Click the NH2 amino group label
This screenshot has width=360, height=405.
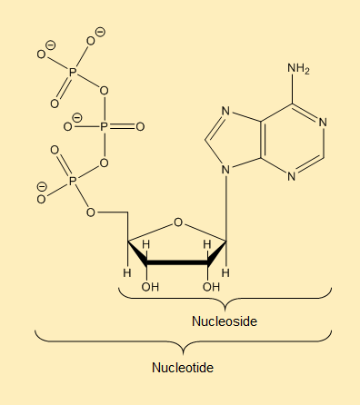point(297,69)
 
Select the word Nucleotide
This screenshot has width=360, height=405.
point(182,368)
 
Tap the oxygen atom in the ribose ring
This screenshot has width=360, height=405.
point(179,221)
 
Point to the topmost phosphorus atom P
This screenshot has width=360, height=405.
point(74,69)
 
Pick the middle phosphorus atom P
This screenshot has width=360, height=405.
point(104,126)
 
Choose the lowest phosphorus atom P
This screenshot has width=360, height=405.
point(74,183)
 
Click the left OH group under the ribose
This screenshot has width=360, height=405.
point(150,288)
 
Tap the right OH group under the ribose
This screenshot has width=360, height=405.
point(211,288)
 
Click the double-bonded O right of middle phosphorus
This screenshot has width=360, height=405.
point(141,126)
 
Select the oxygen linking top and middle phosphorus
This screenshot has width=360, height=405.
point(104,91)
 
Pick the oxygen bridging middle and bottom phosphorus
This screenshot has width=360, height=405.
point(104,163)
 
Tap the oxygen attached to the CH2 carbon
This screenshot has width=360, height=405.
point(91,212)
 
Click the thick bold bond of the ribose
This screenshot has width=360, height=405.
point(179,263)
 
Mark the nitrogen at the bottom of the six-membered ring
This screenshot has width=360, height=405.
point(292,175)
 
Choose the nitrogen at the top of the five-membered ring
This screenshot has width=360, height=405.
point(226,113)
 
